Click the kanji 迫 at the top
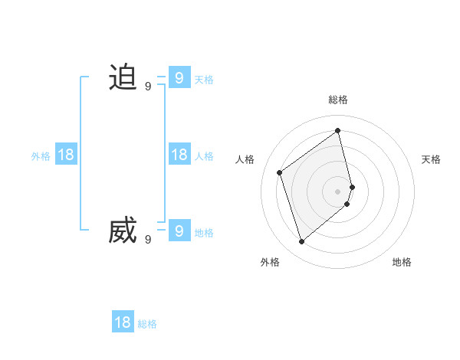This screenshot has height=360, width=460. point(123,77)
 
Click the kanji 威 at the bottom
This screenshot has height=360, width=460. point(123,231)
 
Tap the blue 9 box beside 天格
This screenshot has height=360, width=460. point(179,77)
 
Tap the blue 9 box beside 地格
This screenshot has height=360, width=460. point(179,230)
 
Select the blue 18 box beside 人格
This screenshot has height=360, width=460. point(179,155)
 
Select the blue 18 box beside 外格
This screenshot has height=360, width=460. point(66,155)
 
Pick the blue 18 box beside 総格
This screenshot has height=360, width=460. point(123,322)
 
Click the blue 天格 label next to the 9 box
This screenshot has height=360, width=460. point(204,79)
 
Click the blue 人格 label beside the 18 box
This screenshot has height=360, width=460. point(204,156)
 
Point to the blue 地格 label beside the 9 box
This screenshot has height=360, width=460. point(204,233)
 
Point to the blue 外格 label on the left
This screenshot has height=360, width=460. point(41,156)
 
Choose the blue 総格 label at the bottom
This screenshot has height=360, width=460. point(147,325)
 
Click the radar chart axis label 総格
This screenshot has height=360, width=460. point(338,100)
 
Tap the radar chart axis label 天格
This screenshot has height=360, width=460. point(431,159)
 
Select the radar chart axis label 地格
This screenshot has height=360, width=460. point(402,262)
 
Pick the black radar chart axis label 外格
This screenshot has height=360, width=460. point(270,262)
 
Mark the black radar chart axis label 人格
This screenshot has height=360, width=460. point(245,159)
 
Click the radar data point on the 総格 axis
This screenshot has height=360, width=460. point(338,130)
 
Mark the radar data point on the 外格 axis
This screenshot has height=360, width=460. point(301,242)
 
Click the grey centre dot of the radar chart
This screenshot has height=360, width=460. point(338,191)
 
